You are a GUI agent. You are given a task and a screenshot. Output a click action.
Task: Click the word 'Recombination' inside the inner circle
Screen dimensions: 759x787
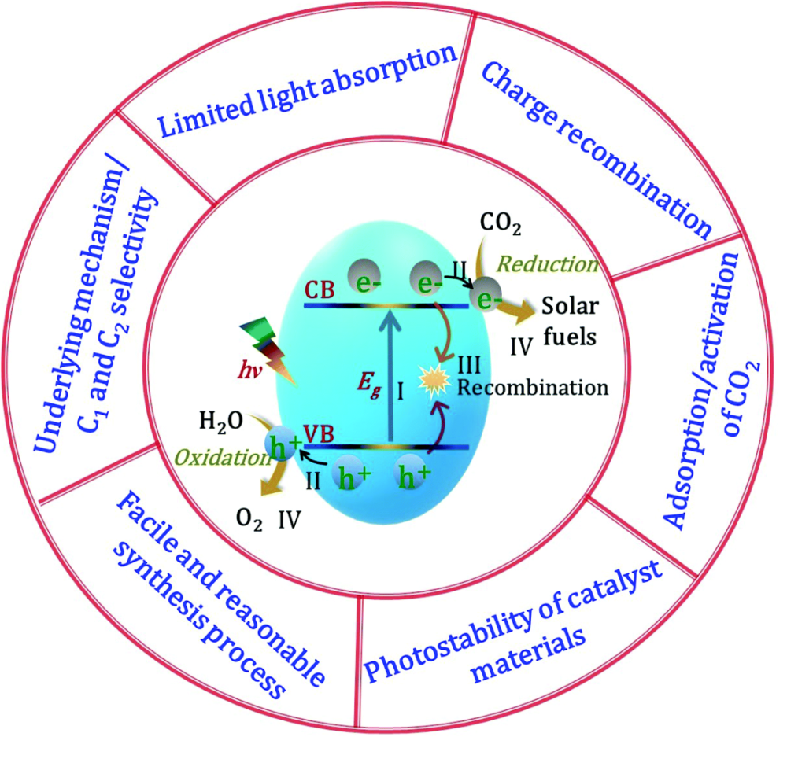[x=534, y=387]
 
